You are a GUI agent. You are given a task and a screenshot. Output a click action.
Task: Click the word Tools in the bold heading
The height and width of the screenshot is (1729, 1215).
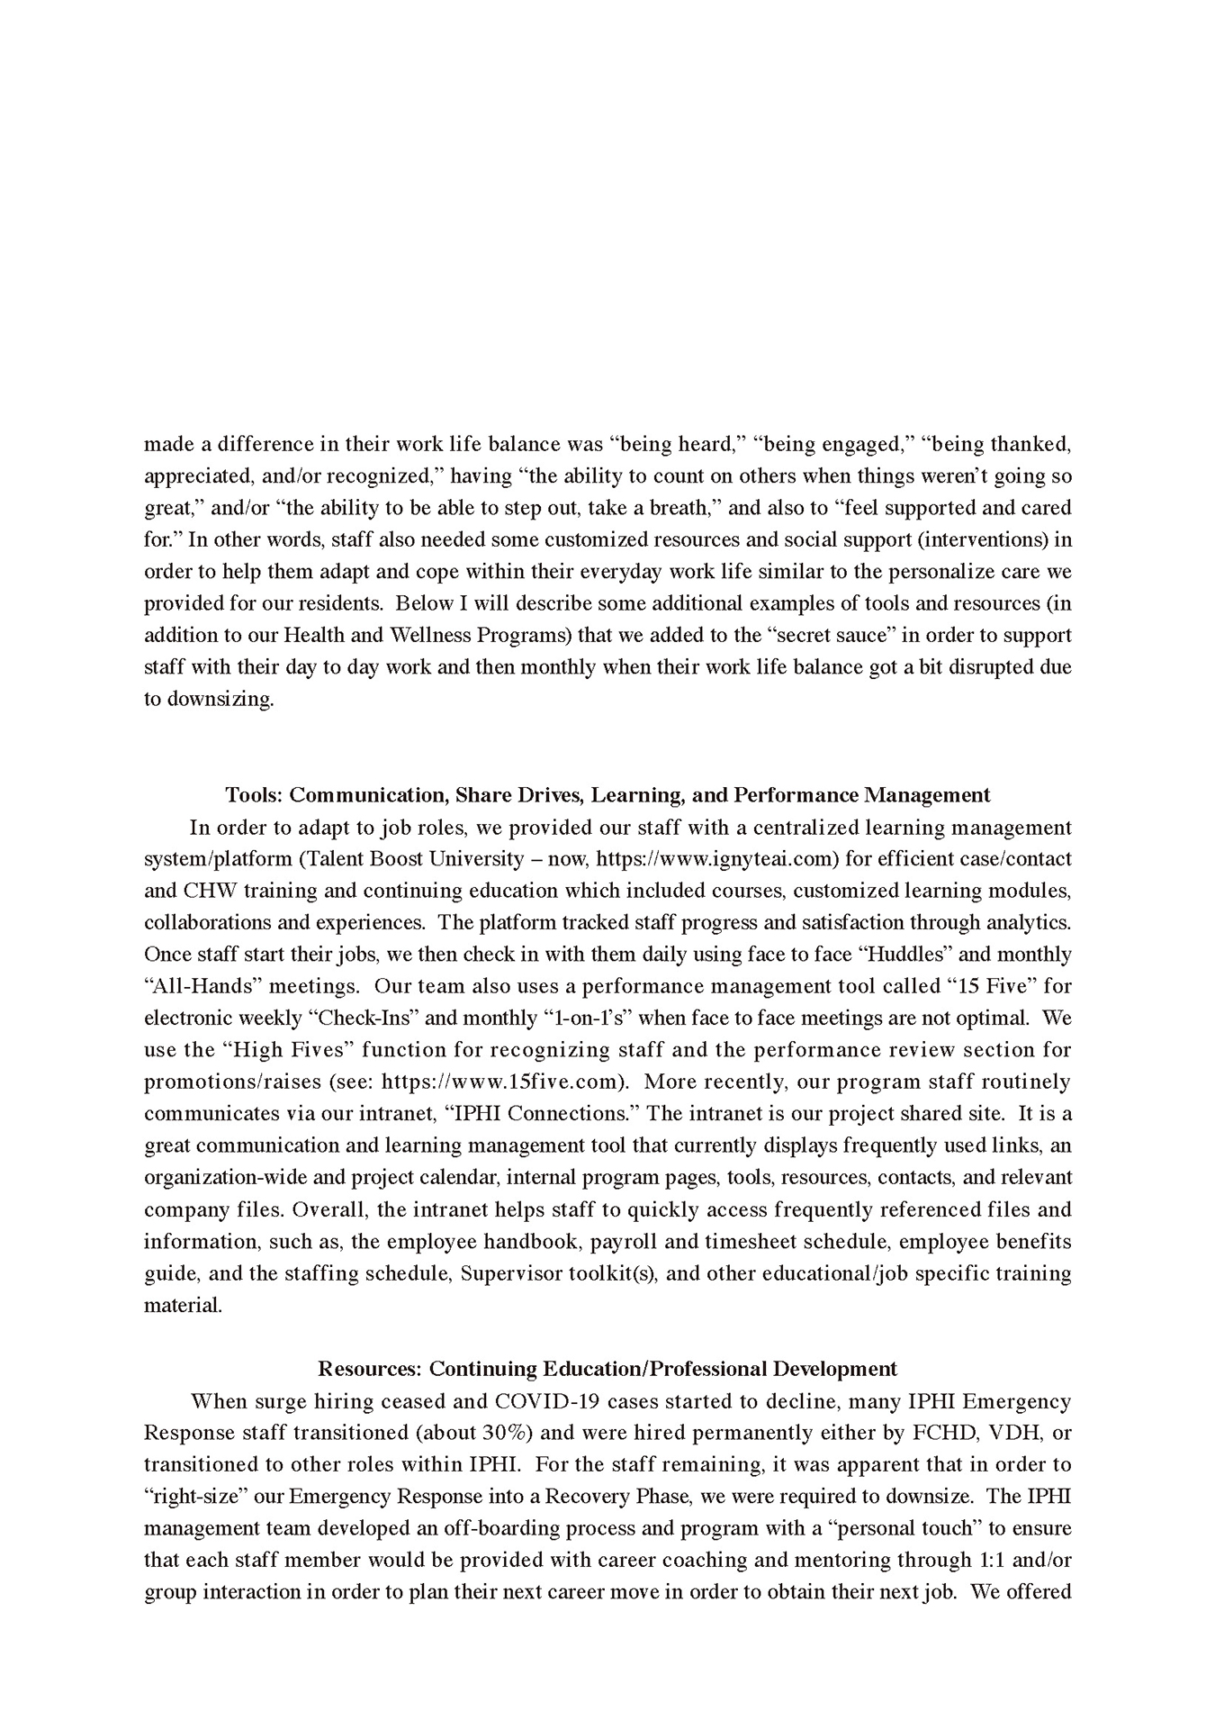tap(253, 795)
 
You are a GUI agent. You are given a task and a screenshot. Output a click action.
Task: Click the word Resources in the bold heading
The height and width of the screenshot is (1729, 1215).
tap(369, 1369)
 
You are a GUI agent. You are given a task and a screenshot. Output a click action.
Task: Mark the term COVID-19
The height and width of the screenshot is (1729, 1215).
tap(537, 1401)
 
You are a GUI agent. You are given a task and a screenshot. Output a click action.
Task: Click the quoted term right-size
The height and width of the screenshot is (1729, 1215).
tap(195, 1497)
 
